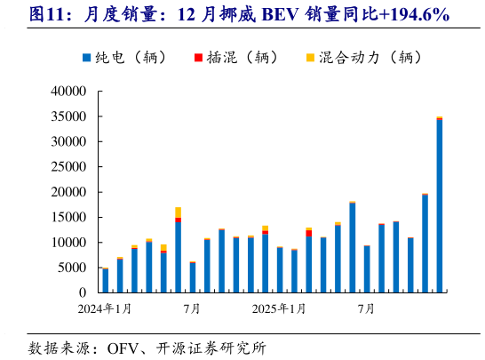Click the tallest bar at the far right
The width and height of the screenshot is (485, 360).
point(440,205)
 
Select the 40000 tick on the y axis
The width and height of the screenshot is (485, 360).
point(68,92)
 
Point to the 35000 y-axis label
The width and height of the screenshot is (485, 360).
point(68,116)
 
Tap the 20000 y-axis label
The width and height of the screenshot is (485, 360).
point(68,192)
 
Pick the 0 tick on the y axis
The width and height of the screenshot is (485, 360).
point(82,292)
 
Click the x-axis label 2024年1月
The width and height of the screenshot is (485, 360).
point(105,309)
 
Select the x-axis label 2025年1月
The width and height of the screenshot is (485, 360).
point(280,309)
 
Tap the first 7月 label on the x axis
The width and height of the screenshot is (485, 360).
point(192,309)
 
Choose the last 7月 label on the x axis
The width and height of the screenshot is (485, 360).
point(366,309)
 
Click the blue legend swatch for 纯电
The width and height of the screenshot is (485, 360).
point(86,59)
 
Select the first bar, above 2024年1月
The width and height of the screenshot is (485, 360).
point(106,280)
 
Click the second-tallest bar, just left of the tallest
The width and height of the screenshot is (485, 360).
point(425,243)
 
